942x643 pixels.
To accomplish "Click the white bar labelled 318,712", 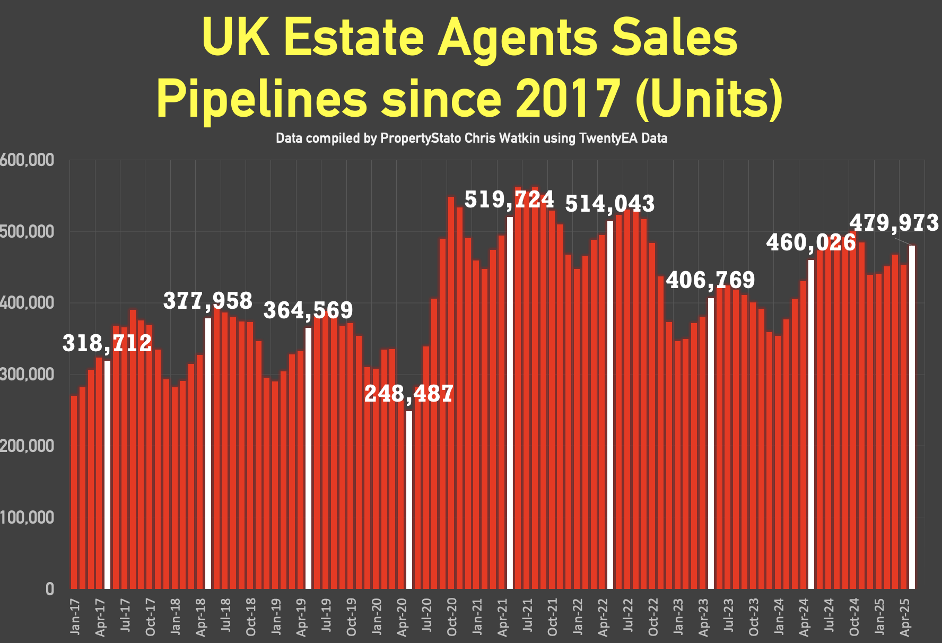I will pyautogui.click(x=108, y=475).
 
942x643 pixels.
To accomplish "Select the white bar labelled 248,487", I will pyautogui.click(x=409, y=499).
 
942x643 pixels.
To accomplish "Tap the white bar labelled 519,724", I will pyautogui.click(x=510, y=403).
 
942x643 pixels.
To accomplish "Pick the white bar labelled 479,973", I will pyautogui.click(x=912, y=417).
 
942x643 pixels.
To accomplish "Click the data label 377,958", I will pyautogui.click(x=207, y=301).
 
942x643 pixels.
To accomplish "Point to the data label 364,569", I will pyautogui.click(x=308, y=310).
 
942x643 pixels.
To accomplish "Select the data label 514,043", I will pyautogui.click(x=610, y=204).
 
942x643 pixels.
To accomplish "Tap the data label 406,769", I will pyautogui.click(x=710, y=280).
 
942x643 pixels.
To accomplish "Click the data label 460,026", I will pyautogui.click(x=811, y=242).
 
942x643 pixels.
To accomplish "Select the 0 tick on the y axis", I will pyautogui.click(x=50, y=589).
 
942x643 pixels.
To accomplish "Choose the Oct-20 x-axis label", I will pyautogui.click(x=452, y=617).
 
